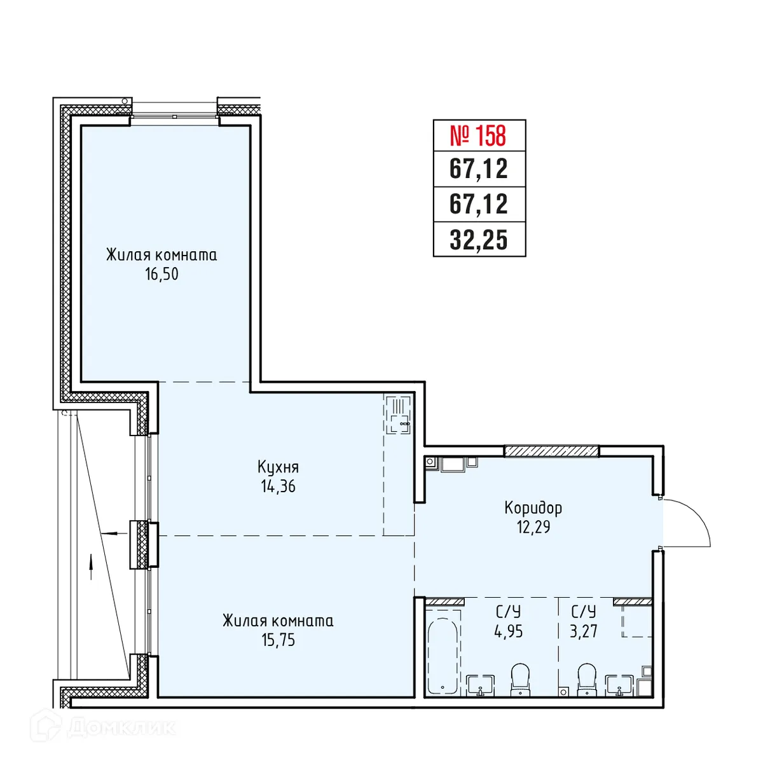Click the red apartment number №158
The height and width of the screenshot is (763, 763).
click(x=479, y=135)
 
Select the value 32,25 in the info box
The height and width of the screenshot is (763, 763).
click(x=479, y=240)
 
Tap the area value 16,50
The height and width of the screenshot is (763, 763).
click(x=162, y=275)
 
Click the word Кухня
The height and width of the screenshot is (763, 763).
click(x=278, y=467)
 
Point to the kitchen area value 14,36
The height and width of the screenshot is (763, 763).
click(x=278, y=487)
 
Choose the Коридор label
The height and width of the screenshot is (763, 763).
click(x=533, y=507)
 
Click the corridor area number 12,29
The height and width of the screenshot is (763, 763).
click(x=533, y=527)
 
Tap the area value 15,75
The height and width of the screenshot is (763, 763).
click(x=278, y=640)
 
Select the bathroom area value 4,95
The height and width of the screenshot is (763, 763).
click(x=508, y=631)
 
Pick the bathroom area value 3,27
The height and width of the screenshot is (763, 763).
click(x=583, y=631)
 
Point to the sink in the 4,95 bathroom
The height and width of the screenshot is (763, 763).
click(x=480, y=685)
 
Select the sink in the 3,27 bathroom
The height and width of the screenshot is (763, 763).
click(x=619, y=685)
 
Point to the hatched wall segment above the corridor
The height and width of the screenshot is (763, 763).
click(x=551, y=451)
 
